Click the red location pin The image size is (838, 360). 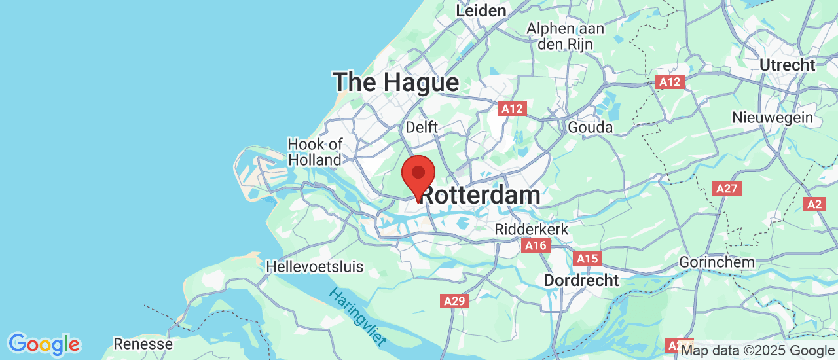[x=418, y=175]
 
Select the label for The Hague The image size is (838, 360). [x=396, y=82]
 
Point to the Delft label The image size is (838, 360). [x=422, y=127]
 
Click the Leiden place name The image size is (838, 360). [x=481, y=11]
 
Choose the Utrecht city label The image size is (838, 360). [x=787, y=65]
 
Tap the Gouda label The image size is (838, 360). [x=590, y=127]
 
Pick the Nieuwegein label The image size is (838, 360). [x=773, y=118]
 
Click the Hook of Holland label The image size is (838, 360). [x=315, y=152]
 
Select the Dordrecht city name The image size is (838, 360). [x=581, y=280]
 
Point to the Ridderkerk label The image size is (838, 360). [x=532, y=230]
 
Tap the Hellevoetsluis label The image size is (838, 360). [x=315, y=267]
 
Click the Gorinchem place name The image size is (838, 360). [x=717, y=262]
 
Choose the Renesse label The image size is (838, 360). [x=143, y=344]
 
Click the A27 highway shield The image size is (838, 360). [x=727, y=189]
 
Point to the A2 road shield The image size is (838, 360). [x=814, y=204]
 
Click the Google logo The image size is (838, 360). [x=44, y=344]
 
